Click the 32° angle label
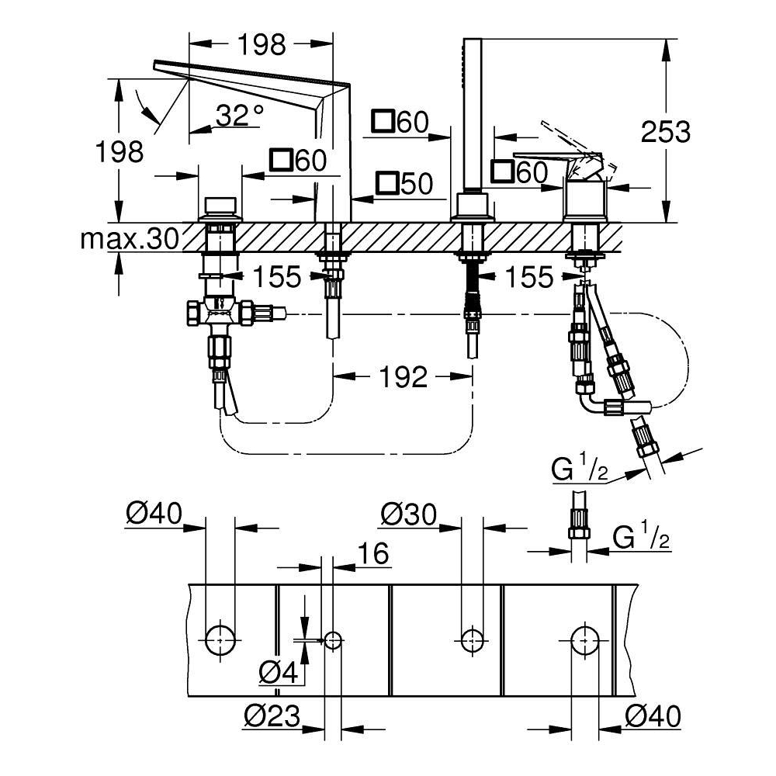point(240,116)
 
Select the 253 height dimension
point(666,131)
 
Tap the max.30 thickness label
point(130,239)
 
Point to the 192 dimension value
point(404,377)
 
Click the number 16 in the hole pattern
point(373,553)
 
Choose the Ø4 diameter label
point(277,672)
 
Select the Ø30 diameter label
point(407,514)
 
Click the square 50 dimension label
point(404,184)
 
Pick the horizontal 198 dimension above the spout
point(262,44)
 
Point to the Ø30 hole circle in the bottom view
point(470,640)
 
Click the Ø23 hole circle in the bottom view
point(333,640)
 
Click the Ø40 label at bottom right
point(653,714)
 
